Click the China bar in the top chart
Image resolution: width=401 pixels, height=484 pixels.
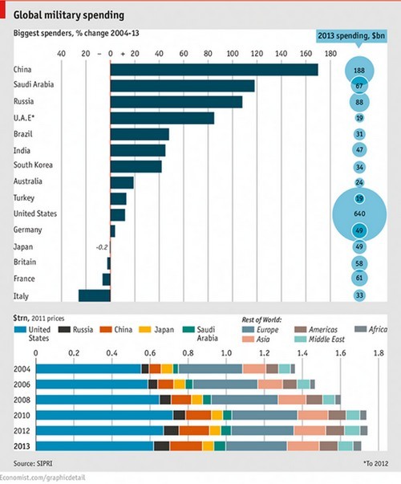pos(213,70)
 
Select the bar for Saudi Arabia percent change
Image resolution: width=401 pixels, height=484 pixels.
pos(182,86)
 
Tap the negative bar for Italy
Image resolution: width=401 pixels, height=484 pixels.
pos(94,295)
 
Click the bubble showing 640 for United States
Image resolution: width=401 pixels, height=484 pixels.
pos(359,214)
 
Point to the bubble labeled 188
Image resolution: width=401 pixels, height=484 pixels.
pos(359,71)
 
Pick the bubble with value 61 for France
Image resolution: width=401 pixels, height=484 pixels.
pos(359,279)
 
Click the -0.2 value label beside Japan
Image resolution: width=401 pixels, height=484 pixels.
pos(101,246)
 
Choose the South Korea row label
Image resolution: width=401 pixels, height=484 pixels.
pos(33,165)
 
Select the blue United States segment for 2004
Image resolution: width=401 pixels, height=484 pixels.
pos(89,368)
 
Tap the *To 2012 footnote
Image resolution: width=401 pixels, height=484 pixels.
pos(374,464)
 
